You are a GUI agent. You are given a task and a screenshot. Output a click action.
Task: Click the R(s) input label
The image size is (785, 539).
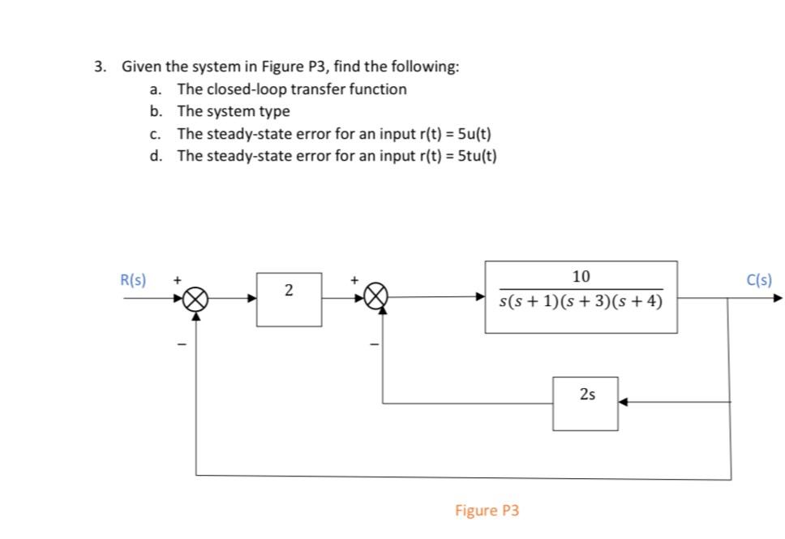point(133,280)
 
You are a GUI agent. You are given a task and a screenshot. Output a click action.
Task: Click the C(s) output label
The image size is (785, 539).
point(759,280)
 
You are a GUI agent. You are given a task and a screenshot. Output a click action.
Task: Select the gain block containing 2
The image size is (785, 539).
point(290,299)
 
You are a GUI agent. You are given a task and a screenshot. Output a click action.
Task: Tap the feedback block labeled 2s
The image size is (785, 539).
point(586,403)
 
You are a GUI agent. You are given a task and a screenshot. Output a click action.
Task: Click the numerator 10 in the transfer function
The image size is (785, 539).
point(581,276)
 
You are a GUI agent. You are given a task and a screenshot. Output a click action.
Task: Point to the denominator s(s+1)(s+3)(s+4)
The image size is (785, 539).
point(581,303)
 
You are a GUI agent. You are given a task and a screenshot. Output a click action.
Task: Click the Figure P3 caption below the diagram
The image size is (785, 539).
point(487,511)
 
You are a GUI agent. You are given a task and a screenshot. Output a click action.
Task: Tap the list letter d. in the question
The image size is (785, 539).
point(157,155)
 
